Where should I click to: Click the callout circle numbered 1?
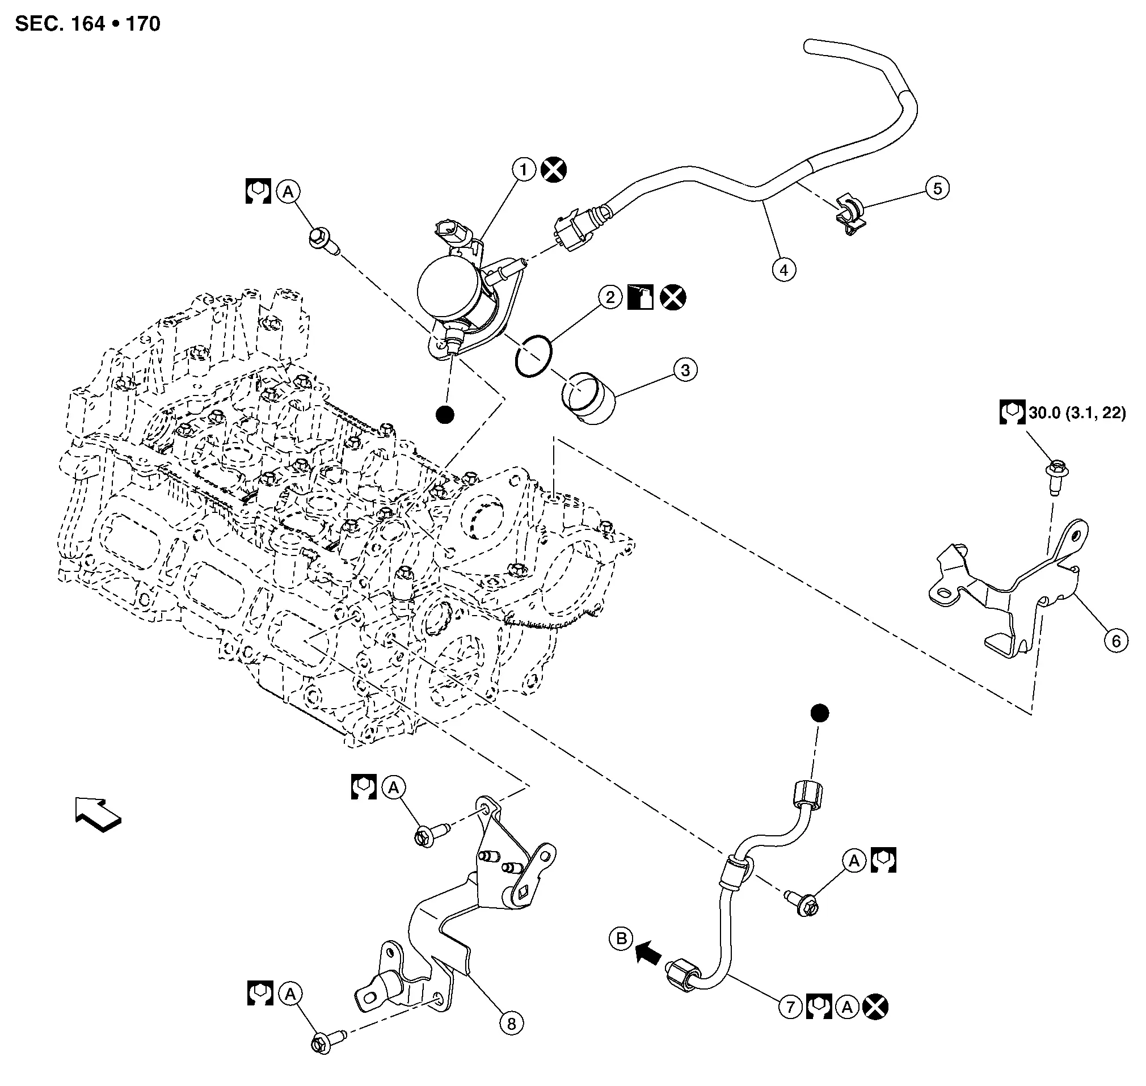tap(524, 170)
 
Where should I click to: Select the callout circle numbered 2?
tap(609, 297)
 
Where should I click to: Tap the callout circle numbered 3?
tap(685, 370)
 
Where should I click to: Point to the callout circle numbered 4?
tap(783, 270)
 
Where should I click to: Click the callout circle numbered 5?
tap(937, 188)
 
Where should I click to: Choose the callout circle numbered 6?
tap(1116, 641)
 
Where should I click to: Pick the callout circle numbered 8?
tap(511, 1024)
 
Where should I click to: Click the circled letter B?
tap(622, 938)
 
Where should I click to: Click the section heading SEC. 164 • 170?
tap(87, 24)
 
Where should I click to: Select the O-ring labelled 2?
tap(533, 356)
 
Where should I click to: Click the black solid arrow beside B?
tap(648, 951)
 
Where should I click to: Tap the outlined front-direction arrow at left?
tap(98, 815)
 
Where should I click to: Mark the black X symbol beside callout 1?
tap(554, 170)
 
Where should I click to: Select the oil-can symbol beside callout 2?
tap(641, 297)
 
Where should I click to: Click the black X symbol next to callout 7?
tap(875, 1007)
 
